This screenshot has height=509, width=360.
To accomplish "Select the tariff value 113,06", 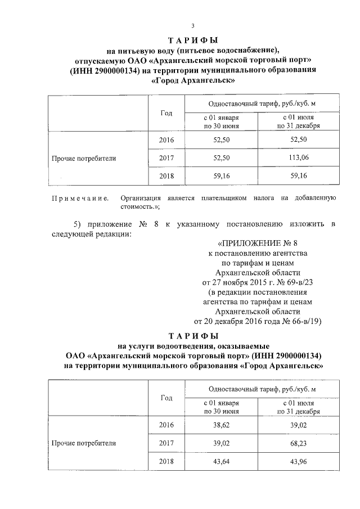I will (x=298, y=158).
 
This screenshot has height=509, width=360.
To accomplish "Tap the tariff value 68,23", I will (x=298, y=443).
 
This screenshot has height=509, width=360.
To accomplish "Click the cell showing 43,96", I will (x=298, y=462).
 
